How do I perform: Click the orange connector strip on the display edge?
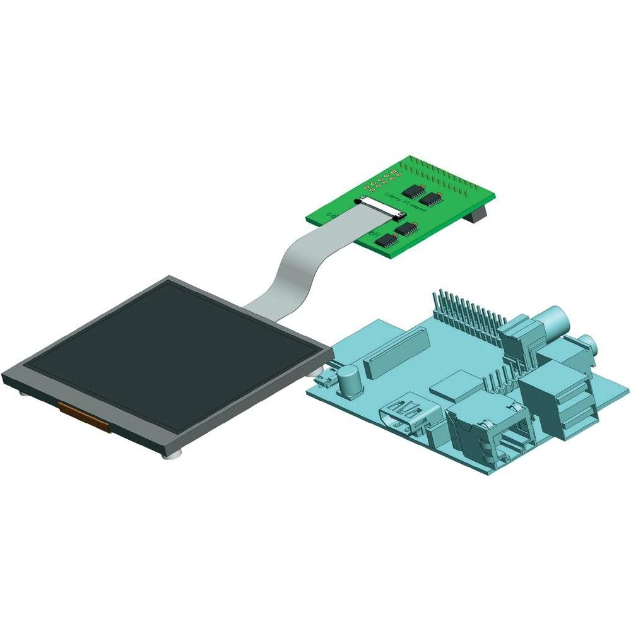(85, 417)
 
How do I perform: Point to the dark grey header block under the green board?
(476, 215)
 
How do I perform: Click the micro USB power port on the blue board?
(326, 379)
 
